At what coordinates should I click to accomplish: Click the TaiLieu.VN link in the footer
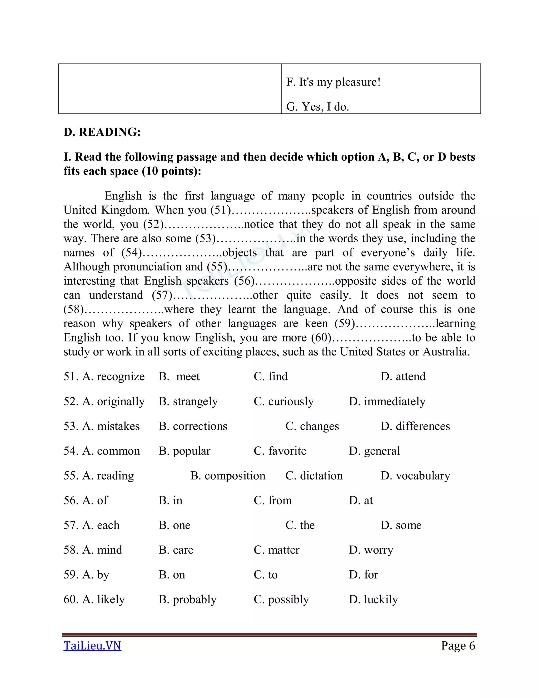coord(92,646)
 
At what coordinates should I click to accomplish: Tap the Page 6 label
coord(458,646)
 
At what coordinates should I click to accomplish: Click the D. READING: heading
coord(102,132)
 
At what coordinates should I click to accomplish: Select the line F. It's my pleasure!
coord(333,82)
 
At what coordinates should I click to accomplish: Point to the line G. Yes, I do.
coord(317,107)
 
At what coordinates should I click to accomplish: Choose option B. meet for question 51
coord(179,377)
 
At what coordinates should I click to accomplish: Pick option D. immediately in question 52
coord(387,402)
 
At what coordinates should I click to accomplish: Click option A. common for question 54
coord(111,451)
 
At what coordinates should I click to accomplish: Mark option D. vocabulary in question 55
coord(415,476)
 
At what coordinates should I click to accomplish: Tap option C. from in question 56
coord(273,501)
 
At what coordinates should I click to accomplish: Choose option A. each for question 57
coord(101,525)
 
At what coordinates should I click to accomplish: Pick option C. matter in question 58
coord(276,550)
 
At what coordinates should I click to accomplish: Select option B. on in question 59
coord(172,575)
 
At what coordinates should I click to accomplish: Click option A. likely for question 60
coord(103,600)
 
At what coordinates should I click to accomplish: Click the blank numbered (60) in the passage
coord(372,338)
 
